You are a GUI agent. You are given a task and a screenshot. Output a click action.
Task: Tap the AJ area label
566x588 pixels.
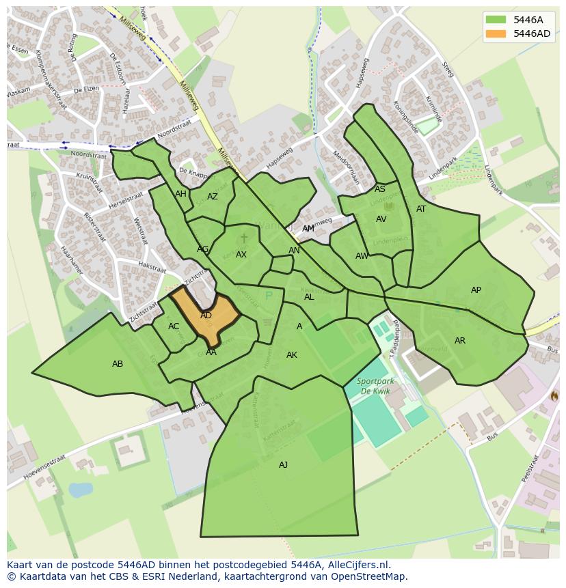283,465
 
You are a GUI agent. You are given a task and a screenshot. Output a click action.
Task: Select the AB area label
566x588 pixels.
118,364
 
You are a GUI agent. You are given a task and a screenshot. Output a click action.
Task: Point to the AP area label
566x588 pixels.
476,290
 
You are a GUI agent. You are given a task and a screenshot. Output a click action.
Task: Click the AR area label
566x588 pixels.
460,341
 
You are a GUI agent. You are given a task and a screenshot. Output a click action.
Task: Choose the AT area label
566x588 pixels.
421,209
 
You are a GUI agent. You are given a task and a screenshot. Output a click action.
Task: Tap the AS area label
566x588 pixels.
380,189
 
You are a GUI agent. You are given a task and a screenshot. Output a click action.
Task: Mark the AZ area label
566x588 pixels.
213,197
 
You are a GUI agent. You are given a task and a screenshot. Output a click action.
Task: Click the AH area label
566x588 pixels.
180,194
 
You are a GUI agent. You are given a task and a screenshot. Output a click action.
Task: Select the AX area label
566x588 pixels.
241,255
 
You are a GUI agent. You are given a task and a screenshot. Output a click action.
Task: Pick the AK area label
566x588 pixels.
292,355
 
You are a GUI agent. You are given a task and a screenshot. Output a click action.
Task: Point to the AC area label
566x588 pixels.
174,326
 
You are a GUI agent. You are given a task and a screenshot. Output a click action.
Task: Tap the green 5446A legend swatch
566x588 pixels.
496,20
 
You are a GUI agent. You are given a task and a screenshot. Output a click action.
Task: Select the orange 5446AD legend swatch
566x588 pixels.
496,33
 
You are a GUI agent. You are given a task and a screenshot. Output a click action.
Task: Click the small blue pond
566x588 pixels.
80,490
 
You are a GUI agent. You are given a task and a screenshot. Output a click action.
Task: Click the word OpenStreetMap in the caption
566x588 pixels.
373,576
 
